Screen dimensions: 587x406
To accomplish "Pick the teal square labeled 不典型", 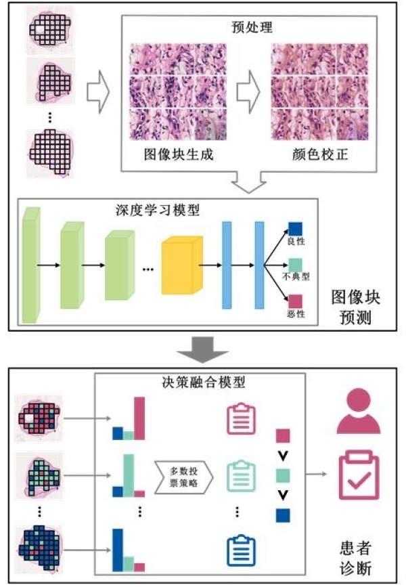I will [x=296, y=265].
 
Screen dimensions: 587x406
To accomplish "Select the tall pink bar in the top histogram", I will [x=139, y=418].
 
